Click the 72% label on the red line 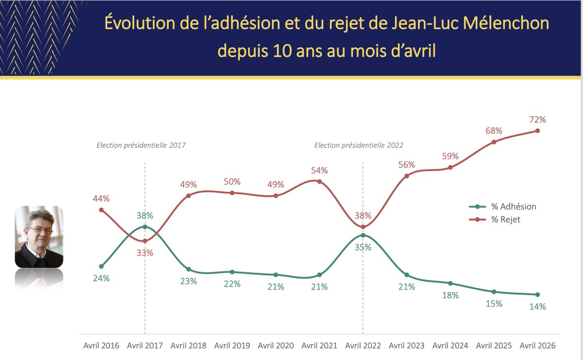[x=537, y=120]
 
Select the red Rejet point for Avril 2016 [x=102, y=210]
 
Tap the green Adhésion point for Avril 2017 [x=145, y=227]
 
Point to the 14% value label [x=537, y=307]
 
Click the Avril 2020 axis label [x=275, y=345]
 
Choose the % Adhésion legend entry [x=502, y=206]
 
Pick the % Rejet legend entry [x=495, y=220]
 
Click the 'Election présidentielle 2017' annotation [x=141, y=145]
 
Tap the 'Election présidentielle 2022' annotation [x=359, y=145]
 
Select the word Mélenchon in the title [x=506, y=23]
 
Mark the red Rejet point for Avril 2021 [x=319, y=182]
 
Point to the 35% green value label [x=363, y=247]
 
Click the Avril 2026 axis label [x=537, y=345]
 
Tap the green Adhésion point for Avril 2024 [x=450, y=283]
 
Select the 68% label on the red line [x=494, y=131]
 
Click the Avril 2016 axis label [x=101, y=345]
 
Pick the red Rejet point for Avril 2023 [x=407, y=176]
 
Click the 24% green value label [x=101, y=278]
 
